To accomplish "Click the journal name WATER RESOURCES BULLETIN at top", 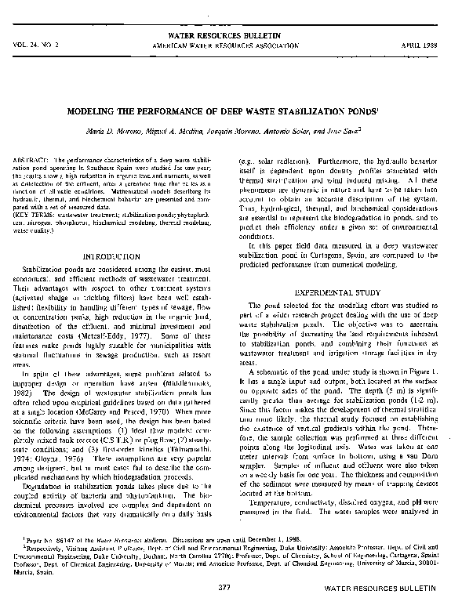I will pyautogui.click(x=230, y=36).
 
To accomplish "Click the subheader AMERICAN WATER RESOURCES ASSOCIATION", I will pyautogui.click(x=230, y=45).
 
